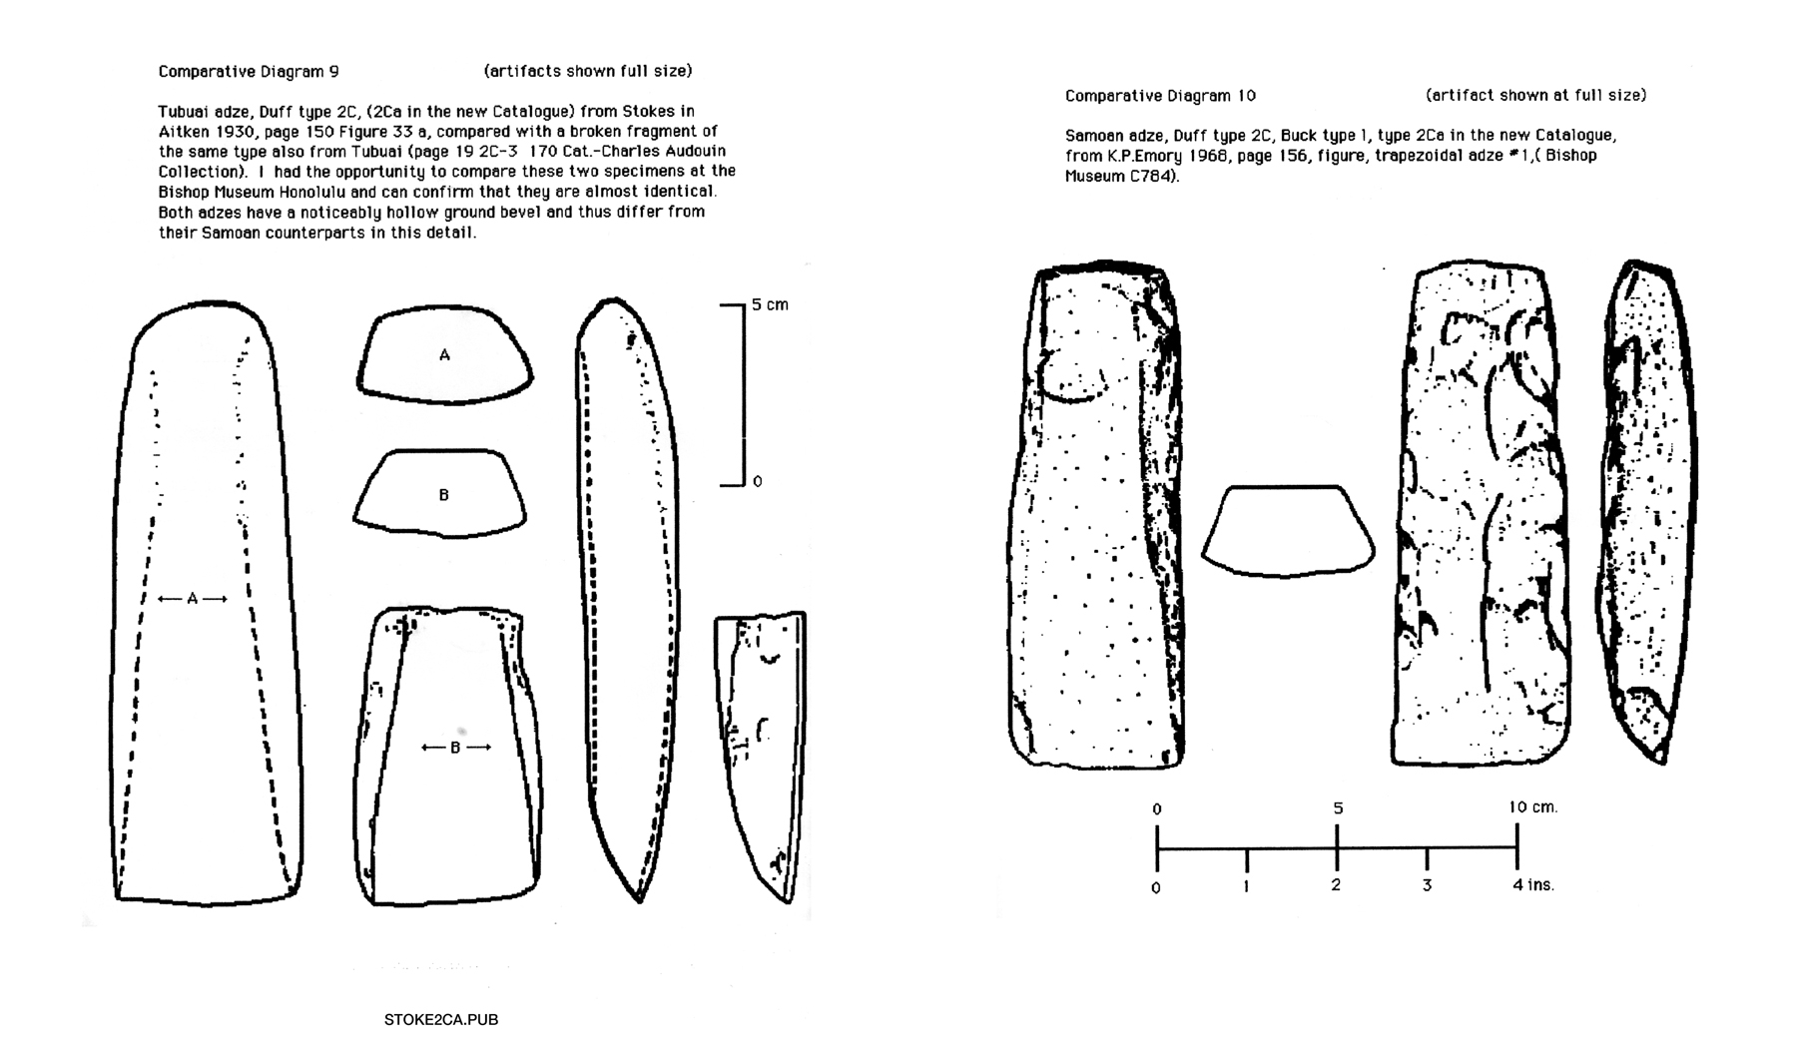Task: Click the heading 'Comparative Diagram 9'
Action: point(249,72)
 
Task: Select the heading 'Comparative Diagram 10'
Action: point(1160,96)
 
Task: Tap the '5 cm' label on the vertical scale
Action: point(770,304)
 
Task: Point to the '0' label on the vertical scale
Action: point(758,482)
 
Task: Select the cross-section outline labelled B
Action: point(441,493)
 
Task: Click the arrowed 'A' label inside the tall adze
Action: point(192,599)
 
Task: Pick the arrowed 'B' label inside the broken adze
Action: point(455,748)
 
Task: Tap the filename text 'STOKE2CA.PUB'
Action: point(440,1020)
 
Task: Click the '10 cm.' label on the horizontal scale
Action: point(1532,807)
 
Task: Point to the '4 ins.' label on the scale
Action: point(1532,885)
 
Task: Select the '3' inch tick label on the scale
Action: point(1427,885)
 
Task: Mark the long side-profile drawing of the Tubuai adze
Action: point(627,599)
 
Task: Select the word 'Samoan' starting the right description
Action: point(1092,136)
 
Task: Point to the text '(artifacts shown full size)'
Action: point(588,71)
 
